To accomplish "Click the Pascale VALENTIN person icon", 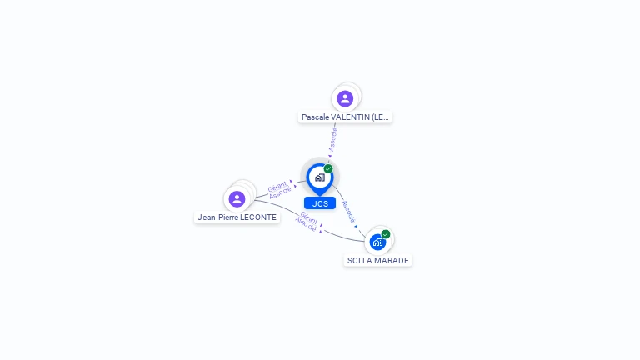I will click(345, 99).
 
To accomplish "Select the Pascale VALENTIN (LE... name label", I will click(346, 117).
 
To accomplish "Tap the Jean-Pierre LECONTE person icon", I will click(237, 199).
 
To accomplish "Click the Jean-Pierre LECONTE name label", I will click(237, 217).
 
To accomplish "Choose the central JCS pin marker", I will click(319, 177).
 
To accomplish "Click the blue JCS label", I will click(320, 203).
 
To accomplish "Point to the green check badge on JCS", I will click(328, 169).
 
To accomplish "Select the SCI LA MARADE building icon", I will click(377, 242).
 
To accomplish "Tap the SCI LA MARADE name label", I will click(378, 261).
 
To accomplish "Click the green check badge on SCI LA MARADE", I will click(386, 234).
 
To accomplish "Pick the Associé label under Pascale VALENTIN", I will click(333, 139).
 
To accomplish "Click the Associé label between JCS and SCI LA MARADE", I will click(348, 211).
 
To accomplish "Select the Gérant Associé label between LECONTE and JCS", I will click(278, 190).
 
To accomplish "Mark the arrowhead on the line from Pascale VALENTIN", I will click(330, 154).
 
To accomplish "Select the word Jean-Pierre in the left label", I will click(216, 217).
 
